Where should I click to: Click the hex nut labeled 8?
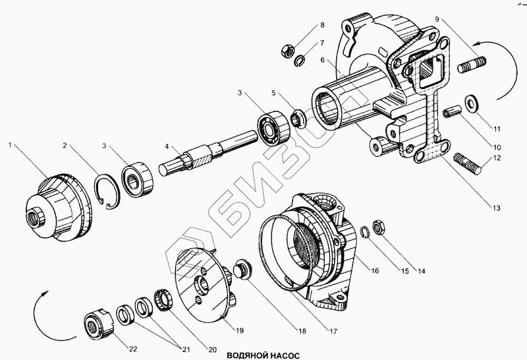pyautogui.click(x=287, y=49)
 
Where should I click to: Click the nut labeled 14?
pyautogui.click(x=378, y=225)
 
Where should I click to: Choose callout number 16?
pyautogui.click(x=374, y=271)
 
